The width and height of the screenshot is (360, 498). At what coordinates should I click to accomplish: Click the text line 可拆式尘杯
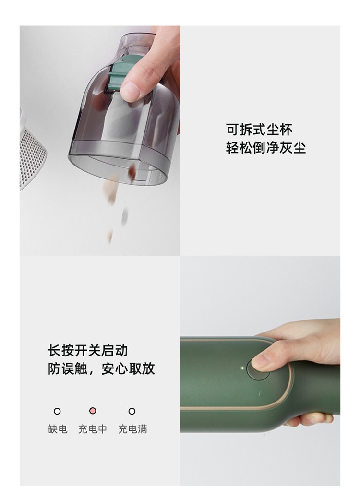point(259,129)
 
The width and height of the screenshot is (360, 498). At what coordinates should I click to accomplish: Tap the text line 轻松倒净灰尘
point(265,148)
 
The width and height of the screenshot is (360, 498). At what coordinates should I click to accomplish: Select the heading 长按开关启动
point(88,350)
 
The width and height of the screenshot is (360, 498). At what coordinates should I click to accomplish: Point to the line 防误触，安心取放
point(101,368)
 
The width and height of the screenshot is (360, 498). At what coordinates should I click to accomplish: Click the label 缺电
point(58,429)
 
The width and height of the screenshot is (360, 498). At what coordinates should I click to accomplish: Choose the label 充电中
point(93,429)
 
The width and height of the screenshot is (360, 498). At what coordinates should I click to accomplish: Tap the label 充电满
point(132,429)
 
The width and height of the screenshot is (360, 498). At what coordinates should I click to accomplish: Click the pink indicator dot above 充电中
point(93,411)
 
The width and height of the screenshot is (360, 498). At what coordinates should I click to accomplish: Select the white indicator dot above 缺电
point(57,411)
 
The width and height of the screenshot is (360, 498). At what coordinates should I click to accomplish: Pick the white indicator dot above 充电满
point(132,411)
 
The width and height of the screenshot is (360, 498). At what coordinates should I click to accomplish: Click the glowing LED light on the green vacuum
point(242,368)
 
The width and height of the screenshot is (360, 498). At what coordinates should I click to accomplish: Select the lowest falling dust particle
point(110,236)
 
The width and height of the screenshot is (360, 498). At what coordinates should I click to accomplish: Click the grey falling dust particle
point(125,216)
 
